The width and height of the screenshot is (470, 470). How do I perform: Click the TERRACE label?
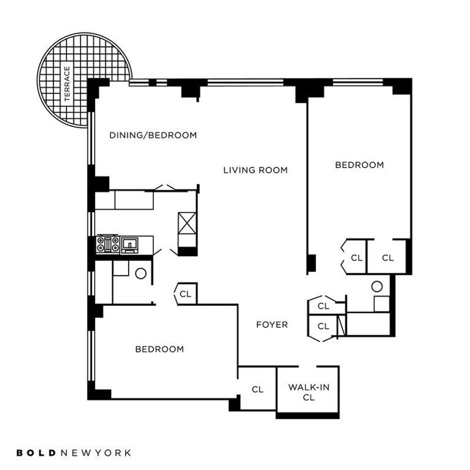click(x=67, y=84)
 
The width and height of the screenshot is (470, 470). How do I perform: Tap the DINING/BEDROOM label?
click(x=153, y=136)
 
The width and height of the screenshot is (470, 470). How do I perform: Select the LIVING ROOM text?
click(x=256, y=170)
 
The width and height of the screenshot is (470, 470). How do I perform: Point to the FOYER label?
click(x=272, y=325)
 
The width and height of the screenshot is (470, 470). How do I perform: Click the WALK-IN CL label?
click(x=309, y=392)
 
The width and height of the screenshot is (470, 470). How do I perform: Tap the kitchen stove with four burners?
click(x=108, y=244)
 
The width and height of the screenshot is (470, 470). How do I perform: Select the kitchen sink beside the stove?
click(x=129, y=244)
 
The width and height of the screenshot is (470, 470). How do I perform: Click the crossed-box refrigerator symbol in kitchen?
click(x=187, y=223)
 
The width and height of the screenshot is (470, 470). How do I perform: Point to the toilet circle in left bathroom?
click(x=141, y=273)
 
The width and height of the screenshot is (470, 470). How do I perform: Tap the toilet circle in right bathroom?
click(x=377, y=287)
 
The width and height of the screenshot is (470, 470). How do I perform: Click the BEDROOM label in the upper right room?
click(x=360, y=165)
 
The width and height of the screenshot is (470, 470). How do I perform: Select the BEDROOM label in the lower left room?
click(x=159, y=349)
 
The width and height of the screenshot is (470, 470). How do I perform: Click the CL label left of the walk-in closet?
click(x=257, y=390)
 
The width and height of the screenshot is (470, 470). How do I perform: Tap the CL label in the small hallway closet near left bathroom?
click(x=185, y=294)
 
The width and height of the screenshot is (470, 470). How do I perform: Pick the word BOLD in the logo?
click(x=36, y=452)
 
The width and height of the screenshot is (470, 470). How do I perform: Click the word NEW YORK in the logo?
click(x=96, y=452)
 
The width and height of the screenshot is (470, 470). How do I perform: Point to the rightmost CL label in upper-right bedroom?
click(x=388, y=258)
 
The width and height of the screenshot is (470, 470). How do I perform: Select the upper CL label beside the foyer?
click(x=324, y=306)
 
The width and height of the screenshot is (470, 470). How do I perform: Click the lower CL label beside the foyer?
click(x=324, y=326)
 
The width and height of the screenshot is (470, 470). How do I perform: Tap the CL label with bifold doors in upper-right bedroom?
click(x=357, y=258)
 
